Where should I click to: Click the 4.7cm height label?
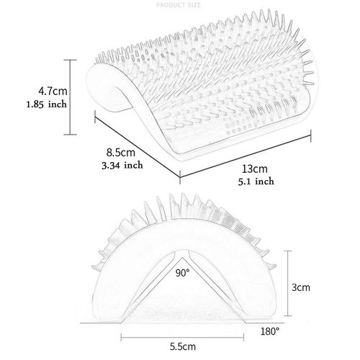(x=53, y=91)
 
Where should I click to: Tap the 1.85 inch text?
(x=46, y=104)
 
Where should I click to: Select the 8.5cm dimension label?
(x=121, y=153)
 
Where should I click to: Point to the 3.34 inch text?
(x=122, y=166)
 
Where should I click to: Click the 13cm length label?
(x=255, y=169)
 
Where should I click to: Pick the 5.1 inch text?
(x=256, y=181)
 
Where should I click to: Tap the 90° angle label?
(x=182, y=273)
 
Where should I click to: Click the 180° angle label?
(x=270, y=332)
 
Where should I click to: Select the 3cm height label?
(x=301, y=287)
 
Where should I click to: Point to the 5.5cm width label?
(x=183, y=346)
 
